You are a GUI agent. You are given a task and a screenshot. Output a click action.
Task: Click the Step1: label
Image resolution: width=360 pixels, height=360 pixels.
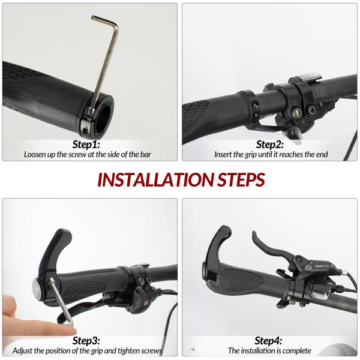(86, 144)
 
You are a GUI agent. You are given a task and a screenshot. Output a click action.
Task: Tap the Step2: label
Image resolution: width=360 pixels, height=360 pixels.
(271, 144)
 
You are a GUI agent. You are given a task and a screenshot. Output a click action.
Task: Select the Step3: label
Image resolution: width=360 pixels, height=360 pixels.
(86, 340)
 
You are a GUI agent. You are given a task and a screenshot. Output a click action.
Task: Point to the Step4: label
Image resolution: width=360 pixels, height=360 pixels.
(269, 340)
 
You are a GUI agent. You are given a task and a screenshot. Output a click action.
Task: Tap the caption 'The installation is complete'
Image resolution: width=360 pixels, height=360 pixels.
(269, 350)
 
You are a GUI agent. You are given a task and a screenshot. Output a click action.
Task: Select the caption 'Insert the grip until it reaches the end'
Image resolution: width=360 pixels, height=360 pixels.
(271, 154)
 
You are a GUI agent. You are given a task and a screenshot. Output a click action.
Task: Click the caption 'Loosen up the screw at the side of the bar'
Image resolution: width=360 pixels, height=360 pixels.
(88, 154)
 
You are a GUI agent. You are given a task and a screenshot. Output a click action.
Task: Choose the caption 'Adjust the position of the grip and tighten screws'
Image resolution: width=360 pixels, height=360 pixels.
(91, 350)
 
